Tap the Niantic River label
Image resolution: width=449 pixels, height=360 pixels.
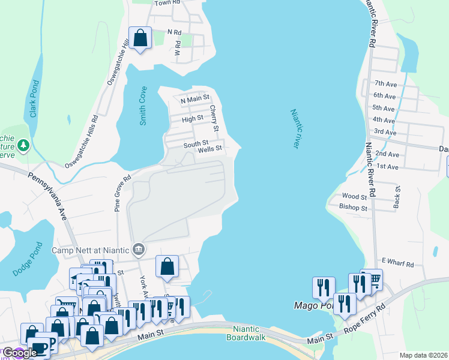pos(295,129)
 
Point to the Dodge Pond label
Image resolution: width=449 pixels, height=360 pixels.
pos(26,259)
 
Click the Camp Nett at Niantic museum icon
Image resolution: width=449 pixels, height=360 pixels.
pos(139,249)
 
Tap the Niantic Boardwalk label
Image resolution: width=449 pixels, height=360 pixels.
pos(243,333)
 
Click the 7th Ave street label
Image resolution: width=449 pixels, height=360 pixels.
pos(385,83)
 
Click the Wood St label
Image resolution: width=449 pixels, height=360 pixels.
pos(354,196)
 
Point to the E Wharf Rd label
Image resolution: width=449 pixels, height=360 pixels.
pos(397,264)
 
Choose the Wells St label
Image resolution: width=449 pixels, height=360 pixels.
pos(210,149)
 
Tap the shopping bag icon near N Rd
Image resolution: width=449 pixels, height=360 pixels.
pos(140,38)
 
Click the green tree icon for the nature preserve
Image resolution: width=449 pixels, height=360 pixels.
pos(23,145)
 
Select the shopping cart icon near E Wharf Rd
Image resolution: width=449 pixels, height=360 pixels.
pos(373,279)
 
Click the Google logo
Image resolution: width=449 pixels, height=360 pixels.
pos(20,353)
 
